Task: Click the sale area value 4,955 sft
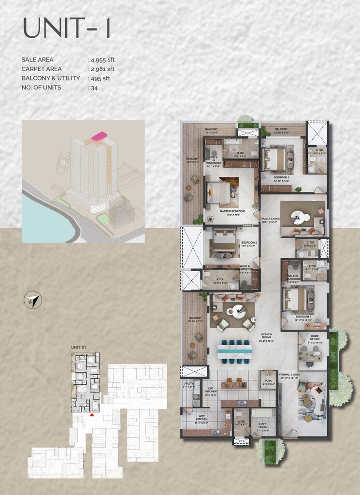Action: pyautogui.click(x=102, y=59)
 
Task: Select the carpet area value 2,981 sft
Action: pyautogui.click(x=102, y=69)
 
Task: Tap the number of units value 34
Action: pyautogui.click(x=94, y=88)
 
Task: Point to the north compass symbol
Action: pyautogui.click(x=33, y=301)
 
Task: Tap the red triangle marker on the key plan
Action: pyautogui.click(x=92, y=414)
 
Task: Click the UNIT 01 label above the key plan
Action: pyautogui.click(x=78, y=347)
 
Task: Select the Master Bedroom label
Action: pyautogui.click(x=232, y=211)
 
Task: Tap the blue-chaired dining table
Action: pyautogui.click(x=234, y=350)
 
